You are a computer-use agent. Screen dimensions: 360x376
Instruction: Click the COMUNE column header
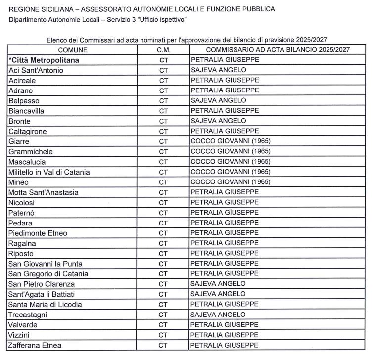coord(73,50)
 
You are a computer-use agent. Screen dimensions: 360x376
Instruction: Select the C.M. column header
coord(163,50)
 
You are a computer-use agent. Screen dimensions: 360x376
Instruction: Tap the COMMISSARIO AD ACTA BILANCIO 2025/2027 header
coord(278,50)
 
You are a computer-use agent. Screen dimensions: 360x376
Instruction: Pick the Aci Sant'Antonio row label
coord(36,70)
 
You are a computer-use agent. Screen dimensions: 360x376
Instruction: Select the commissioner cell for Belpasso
coord(218,101)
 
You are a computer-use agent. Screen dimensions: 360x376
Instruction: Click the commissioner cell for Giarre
coord(231,141)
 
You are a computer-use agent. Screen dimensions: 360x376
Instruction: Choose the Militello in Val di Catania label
coord(49,172)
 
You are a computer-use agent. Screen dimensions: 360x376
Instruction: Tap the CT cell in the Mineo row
coord(163,182)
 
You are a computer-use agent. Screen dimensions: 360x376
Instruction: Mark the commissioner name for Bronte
coord(218,121)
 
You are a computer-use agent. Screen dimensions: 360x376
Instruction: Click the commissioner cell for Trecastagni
coord(218,315)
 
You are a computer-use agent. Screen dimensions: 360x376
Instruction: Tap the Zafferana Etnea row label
coord(35,345)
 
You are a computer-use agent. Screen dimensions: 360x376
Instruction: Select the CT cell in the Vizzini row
coord(163,335)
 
